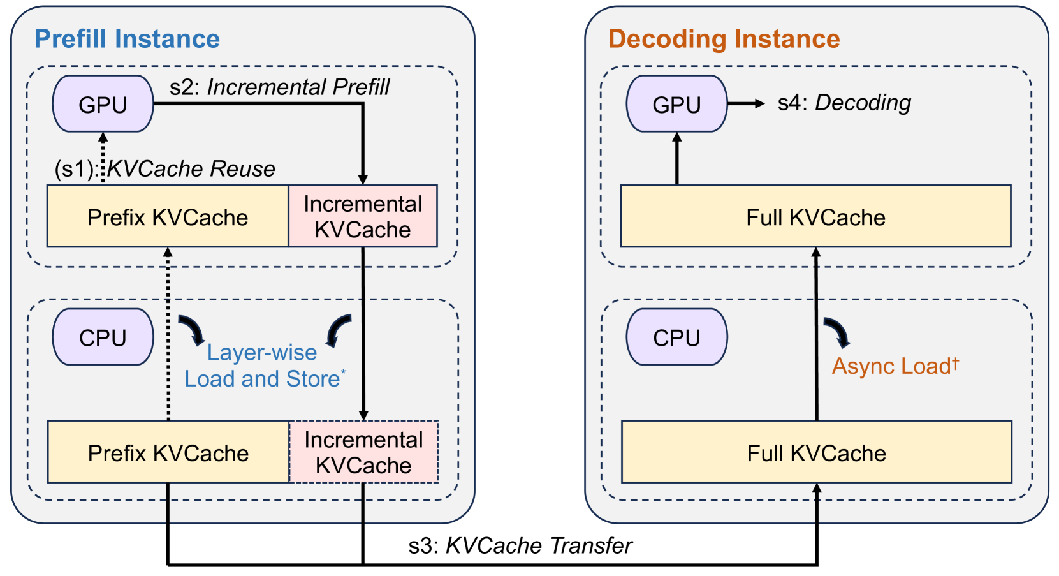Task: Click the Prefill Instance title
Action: pyautogui.click(x=127, y=39)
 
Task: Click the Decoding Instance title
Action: pyautogui.click(x=724, y=39)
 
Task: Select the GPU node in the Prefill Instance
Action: pyautogui.click(x=103, y=103)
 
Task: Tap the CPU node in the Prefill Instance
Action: pyautogui.click(x=103, y=337)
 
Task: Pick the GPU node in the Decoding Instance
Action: pyautogui.click(x=676, y=103)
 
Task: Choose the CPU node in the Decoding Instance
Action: pyautogui.click(x=676, y=337)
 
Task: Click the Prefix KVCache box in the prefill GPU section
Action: pyautogui.click(x=168, y=216)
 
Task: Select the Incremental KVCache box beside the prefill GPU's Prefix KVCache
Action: pyautogui.click(x=363, y=216)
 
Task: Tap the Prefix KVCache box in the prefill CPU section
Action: pyautogui.click(x=168, y=452)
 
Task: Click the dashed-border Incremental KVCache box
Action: pyautogui.click(x=363, y=452)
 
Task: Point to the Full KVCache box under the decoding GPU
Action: pyautogui.click(x=815, y=216)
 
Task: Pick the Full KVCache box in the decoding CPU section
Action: pyautogui.click(x=817, y=452)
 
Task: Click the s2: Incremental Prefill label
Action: pyautogui.click(x=279, y=87)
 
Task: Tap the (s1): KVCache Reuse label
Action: pyautogui.click(x=164, y=169)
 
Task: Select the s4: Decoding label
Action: pyautogui.click(x=844, y=103)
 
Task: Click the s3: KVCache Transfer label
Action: pyautogui.click(x=520, y=546)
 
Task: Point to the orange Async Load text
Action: pyautogui.click(x=895, y=366)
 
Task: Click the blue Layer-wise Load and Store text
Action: pyautogui.click(x=265, y=366)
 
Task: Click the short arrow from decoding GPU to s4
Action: pyautogui.click(x=746, y=103)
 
